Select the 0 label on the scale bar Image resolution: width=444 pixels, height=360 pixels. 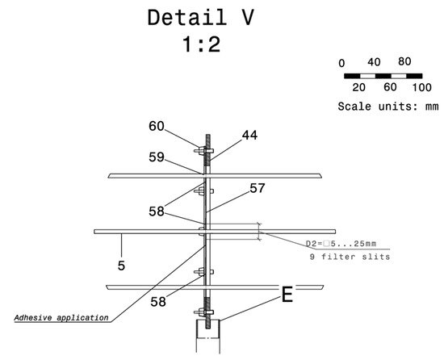[342, 62]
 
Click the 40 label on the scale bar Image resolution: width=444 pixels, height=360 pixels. [374, 62]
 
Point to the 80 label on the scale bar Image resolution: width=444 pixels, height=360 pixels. [404, 61]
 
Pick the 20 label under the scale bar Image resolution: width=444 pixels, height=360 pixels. [359, 87]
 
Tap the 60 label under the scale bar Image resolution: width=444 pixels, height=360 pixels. [390, 87]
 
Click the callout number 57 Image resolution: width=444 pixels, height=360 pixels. [258, 188]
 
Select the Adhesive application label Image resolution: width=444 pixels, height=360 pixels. [61, 317]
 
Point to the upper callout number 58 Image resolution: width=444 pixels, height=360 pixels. [157, 211]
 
